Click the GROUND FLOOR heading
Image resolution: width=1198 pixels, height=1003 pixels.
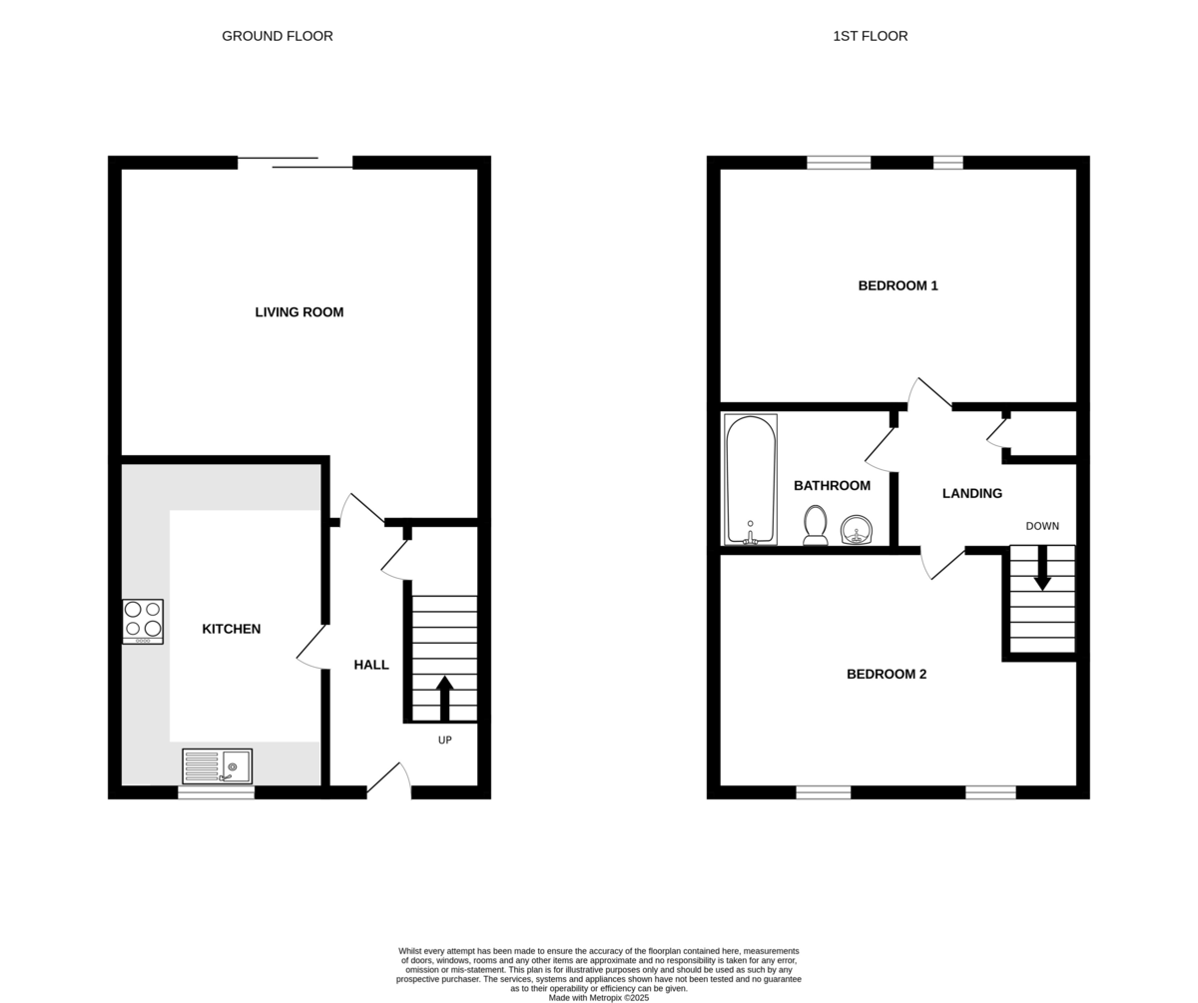(x=278, y=36)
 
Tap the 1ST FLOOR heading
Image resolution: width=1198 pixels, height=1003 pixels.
(x=870, y=36)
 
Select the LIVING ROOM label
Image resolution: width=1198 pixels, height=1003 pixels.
(x=299, y=312)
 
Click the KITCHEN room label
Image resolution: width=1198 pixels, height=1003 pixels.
(x=232, y=629)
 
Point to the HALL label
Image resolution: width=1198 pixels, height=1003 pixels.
(x=371, y=665)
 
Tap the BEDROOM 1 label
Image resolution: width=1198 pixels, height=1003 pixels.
(x=898, y=285)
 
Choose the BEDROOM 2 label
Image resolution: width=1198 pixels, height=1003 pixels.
(x=887, y=674)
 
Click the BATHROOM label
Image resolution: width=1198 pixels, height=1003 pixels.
(x=832, y=486)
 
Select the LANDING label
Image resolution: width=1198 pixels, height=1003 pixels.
(x=972, y=493)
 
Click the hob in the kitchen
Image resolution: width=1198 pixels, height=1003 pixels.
(x=143, y=622)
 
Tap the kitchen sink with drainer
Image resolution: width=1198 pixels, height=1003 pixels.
(x=218, y=766)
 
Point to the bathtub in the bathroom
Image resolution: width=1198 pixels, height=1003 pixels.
(x=751, y=479)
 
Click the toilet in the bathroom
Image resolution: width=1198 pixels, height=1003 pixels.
(x=816, y=525)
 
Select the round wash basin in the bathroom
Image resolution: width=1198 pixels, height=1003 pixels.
(x=856, y=529)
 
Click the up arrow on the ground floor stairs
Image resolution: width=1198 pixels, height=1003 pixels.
(x=444, y=699)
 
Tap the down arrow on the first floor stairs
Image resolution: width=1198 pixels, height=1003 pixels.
(x=1042, y=568)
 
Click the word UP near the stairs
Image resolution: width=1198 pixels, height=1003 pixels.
(x=444, y=741)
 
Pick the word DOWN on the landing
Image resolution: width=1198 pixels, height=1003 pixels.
(x=1042, y=526)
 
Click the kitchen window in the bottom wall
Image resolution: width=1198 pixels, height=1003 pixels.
(x=216, y=792)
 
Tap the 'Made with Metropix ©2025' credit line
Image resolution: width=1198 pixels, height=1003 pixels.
(x=598, y=998)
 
